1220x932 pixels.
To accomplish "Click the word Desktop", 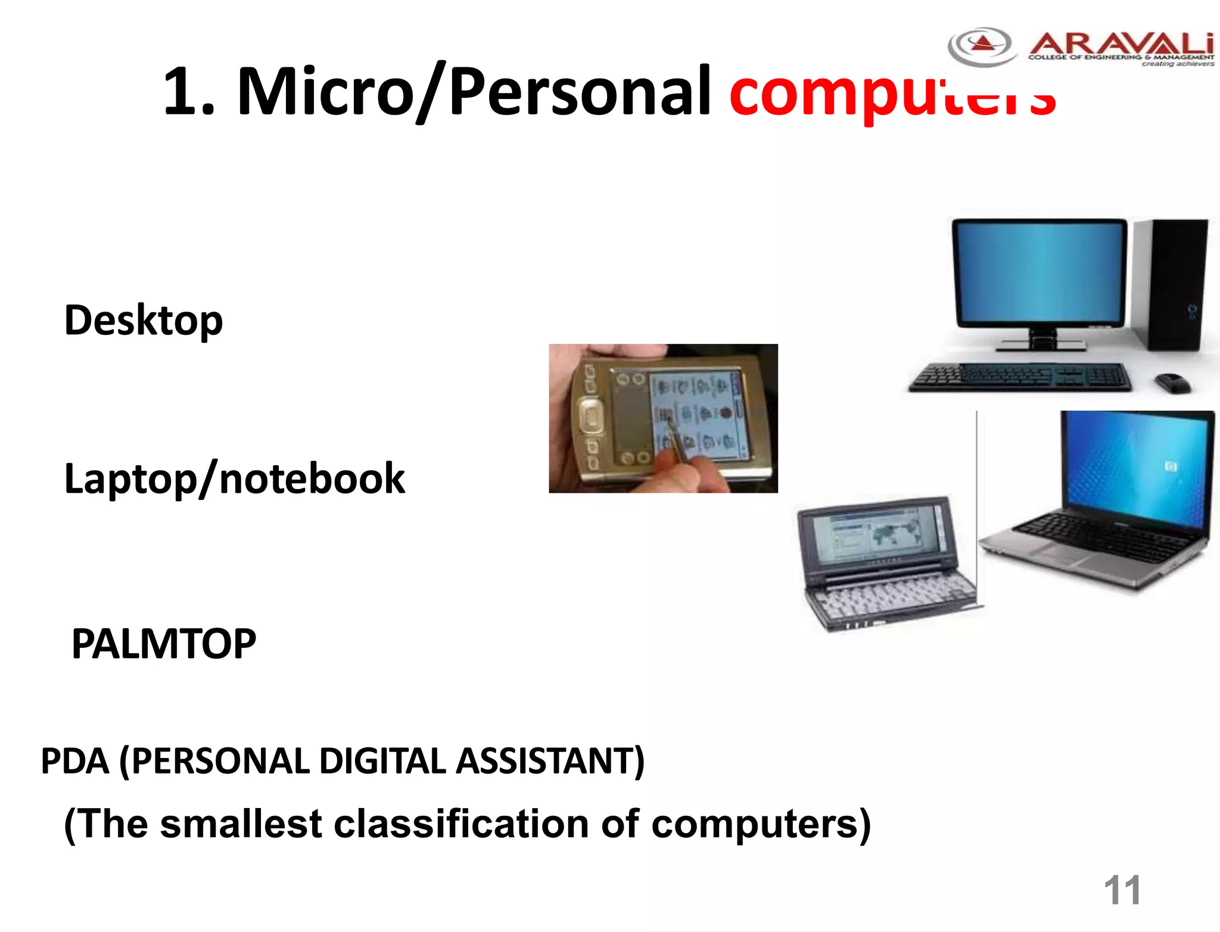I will tap(144, 321).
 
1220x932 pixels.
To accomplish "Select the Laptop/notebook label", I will tap(234, 479).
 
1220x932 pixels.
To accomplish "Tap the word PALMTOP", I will tap(164, 644).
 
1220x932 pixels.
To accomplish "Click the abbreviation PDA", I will tap(75, 761).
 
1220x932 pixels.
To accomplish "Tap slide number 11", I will tap(1122, 890).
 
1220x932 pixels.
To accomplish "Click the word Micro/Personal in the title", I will tap(474, 91).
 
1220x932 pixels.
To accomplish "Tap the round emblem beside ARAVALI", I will tap(982, 46).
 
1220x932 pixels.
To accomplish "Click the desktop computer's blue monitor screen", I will tap(1040, 271).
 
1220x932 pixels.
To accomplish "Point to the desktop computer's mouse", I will tap(1172, 382).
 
